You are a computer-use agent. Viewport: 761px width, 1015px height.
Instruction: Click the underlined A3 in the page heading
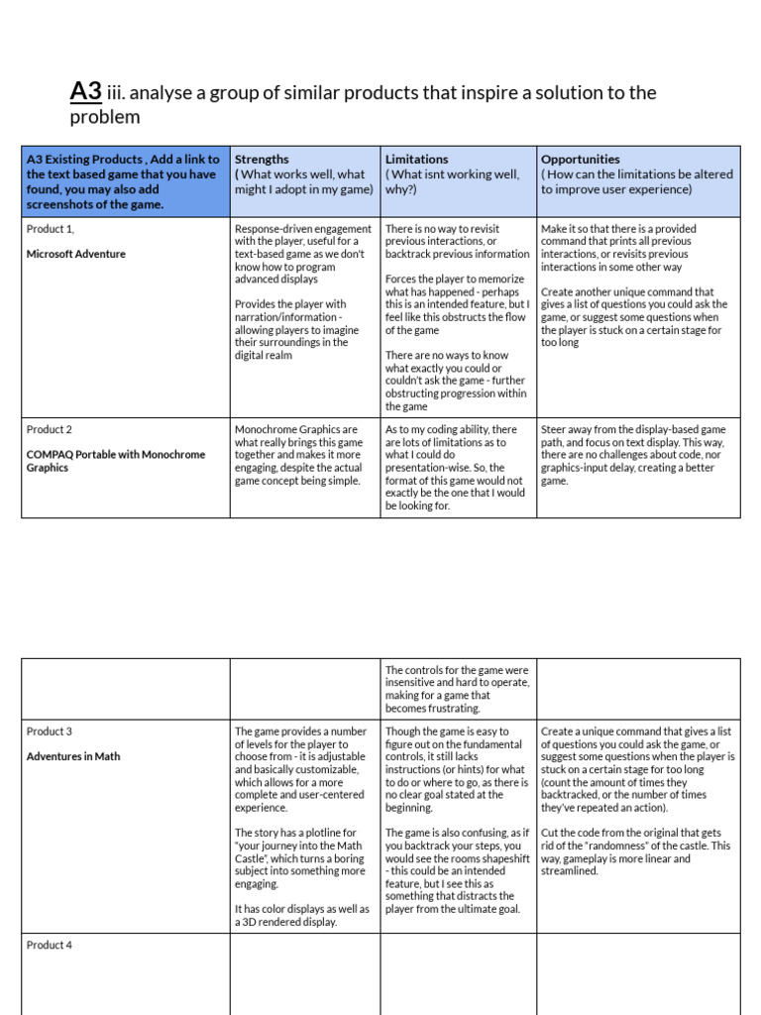click(85, 92)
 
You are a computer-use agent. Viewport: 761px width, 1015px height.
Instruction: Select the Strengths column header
click(262, 159)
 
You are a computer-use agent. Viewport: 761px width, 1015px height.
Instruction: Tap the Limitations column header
click(416, 159)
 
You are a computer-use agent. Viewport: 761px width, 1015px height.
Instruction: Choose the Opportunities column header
click(580, 159)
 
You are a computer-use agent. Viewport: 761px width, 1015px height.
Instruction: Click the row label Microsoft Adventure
click(76, 254)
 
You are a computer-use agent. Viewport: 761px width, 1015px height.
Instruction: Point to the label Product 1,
click(51, 229)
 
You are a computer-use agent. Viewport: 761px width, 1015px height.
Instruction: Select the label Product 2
click(50, 429)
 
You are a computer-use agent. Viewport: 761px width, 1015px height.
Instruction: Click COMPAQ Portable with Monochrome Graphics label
click(116, 461)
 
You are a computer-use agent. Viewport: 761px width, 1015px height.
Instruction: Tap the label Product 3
click(50, 732)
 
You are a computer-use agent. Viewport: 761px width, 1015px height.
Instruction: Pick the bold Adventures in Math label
click(73, 756)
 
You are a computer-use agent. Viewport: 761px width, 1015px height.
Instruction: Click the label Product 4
click(50, 945)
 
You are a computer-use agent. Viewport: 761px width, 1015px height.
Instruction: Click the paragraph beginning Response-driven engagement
click(303, 254)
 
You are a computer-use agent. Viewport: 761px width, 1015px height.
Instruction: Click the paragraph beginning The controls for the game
click(457, 689)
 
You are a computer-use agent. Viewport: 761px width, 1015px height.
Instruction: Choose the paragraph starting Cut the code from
click(635, 852)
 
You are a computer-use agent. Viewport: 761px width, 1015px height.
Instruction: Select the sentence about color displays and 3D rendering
click(301, 915)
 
